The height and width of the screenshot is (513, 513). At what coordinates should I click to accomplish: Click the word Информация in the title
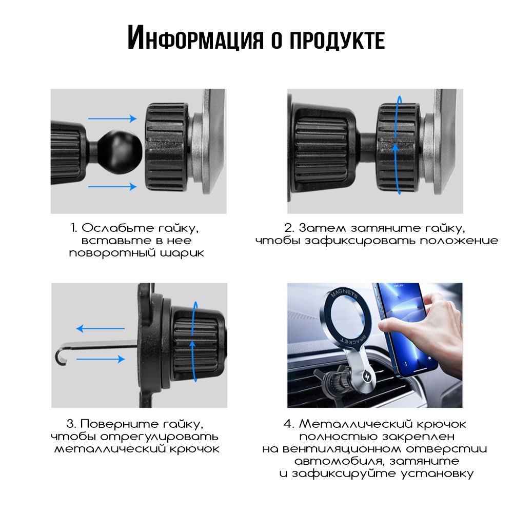click(195, 37)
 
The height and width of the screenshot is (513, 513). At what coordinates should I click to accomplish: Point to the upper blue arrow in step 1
click(112, 119)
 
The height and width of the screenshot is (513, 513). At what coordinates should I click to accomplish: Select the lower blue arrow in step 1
click(112, 187)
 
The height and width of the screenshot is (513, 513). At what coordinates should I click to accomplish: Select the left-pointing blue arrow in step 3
click(101, 328)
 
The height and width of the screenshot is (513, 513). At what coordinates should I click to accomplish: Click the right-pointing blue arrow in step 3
click(101, 359)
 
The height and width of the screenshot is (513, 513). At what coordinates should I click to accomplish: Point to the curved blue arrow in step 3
click(194, 342)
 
